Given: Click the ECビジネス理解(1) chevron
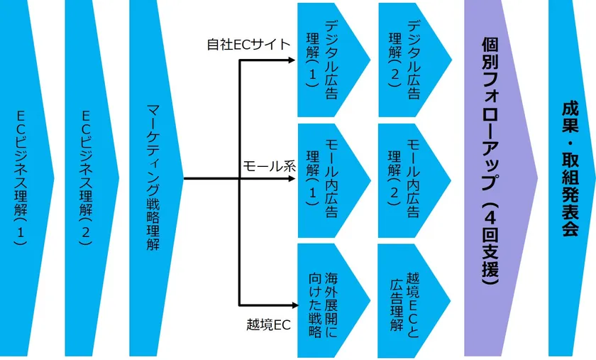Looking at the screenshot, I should (x=25, y=178).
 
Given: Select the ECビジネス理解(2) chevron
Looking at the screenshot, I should (x=89, y=178).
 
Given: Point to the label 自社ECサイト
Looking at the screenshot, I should (x=248, y=45).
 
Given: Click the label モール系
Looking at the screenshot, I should (x=268, y=167).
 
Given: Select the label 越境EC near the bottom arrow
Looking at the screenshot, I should (x=269, y=325).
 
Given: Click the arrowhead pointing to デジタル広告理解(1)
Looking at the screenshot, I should (x=292, y=60).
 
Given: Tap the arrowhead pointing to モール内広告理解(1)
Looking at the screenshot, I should (x=292, y=179).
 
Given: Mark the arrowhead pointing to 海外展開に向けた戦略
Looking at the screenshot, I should (x=292, y=301).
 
